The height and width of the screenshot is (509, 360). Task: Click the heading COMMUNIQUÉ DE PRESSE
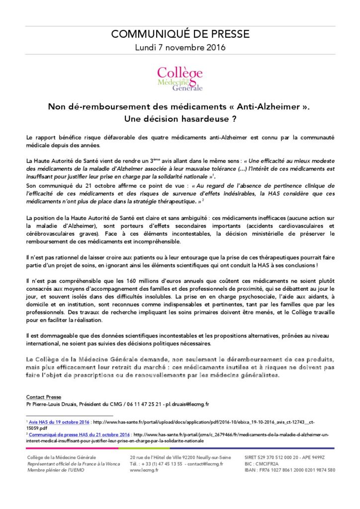[x=180, y=34]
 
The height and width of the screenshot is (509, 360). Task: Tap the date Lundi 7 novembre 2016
[x=180, y=48]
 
